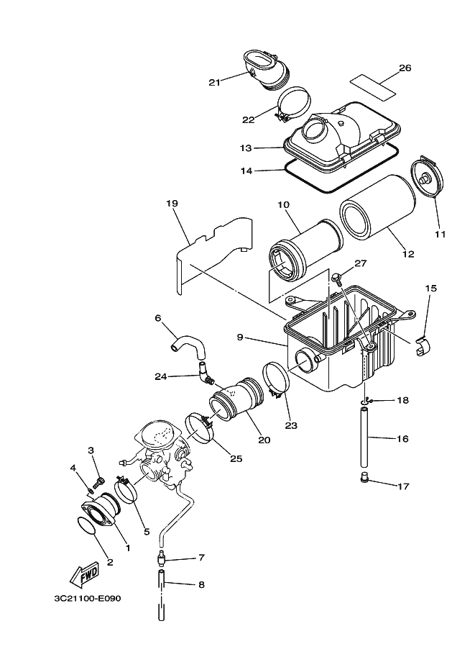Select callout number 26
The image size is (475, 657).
coord(405,68)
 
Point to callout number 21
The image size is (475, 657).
coord(214,82)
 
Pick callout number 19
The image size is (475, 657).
coord(172,204)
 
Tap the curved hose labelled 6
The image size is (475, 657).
coord(190,344)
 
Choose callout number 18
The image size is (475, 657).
coord(402,400)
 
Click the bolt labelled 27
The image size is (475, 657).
coord(336,277)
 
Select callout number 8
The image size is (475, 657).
coord(201,584)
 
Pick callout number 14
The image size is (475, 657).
coord(246,171)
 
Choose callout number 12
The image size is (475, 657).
coord(409,253)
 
